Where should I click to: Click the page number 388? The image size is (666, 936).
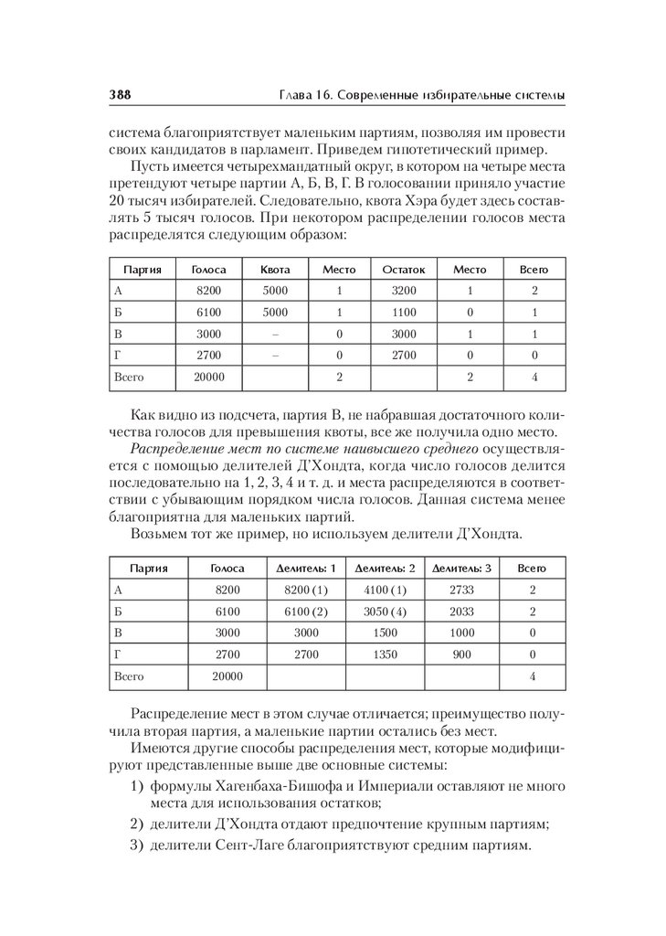[x=122, y=95]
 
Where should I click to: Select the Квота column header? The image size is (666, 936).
[x=274, y=270]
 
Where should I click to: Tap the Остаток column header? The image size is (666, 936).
[x=404, y=270]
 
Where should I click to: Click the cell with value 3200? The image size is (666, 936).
[x=404, y=291]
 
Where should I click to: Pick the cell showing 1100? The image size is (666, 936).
[x=404, y=312]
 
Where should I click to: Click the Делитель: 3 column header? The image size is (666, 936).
[x=461, y=568]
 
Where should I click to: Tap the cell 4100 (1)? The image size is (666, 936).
[x=384, y=590]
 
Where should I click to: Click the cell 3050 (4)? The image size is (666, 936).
[x=384, y=612]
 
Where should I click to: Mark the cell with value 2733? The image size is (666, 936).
[x=461, y=590]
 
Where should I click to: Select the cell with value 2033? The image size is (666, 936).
[x=461, y=612]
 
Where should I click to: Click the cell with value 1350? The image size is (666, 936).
[x=384, y=654]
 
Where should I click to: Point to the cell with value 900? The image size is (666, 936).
[x=461, y=654]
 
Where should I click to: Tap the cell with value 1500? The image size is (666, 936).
[x=384, y=633]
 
